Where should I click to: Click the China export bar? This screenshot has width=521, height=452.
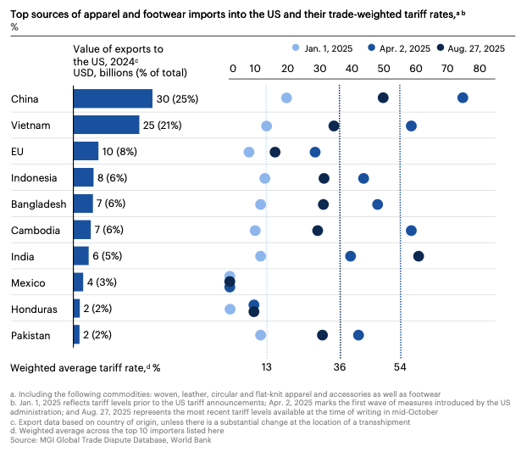tap(113, 98)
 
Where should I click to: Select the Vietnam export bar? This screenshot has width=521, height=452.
tap(106, 125)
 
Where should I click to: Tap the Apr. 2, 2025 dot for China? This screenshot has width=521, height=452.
tap(463, 98)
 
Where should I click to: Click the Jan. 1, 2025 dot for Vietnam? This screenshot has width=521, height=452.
tap(266, 126)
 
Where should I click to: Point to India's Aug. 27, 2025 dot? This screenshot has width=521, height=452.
tap(418, 255)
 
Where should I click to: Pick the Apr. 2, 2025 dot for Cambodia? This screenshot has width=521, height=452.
tap(411, 230)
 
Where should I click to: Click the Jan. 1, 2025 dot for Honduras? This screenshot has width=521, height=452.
tap(230, 309)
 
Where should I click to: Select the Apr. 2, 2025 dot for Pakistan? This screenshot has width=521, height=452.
tap(358, 335)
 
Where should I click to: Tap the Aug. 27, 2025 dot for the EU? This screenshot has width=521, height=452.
tap(274, 152)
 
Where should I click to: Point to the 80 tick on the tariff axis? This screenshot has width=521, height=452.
tap(480, 68)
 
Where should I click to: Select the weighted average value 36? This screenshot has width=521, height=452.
tap(340, 367)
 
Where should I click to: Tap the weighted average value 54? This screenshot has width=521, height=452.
tap(401, 367)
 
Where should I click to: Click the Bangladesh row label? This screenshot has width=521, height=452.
tap(36, 204)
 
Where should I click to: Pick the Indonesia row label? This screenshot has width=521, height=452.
tap(34, 177)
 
